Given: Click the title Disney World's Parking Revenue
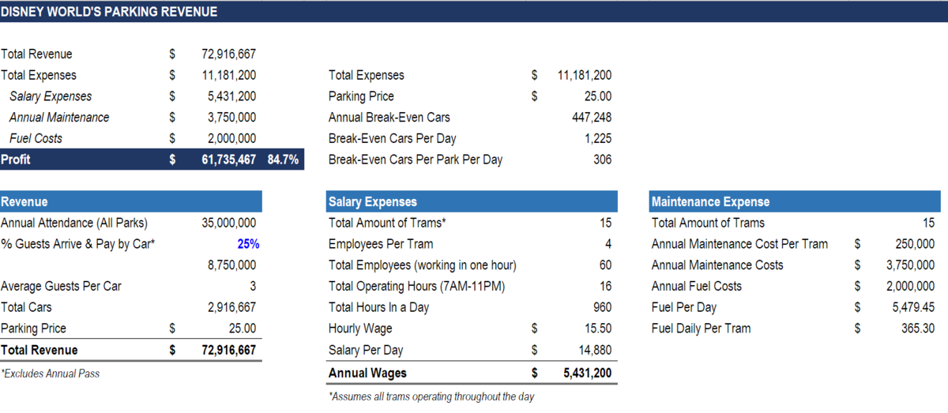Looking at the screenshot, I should tap(109, 12).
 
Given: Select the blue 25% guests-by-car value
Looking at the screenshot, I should tap(248, 244).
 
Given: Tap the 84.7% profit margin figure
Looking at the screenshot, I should tap(282, 160).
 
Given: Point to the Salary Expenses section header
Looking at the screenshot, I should tap(372, 202).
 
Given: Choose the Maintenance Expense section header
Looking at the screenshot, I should tap(710, 202).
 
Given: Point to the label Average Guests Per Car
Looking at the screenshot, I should tap(61, 286).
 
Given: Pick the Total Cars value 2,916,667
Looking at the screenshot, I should tap(231, 307).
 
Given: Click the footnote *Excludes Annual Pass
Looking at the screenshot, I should tap(51, 374).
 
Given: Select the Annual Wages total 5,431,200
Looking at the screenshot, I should tap(586, 373).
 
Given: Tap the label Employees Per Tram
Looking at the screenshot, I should tap(381, 244).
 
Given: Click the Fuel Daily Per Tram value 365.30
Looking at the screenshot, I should tap(917, 329).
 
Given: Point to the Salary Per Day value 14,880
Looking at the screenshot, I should tap(594, 350).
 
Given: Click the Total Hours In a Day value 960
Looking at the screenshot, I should tap(601, 307).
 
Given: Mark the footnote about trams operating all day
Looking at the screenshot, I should tap(431, 396).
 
